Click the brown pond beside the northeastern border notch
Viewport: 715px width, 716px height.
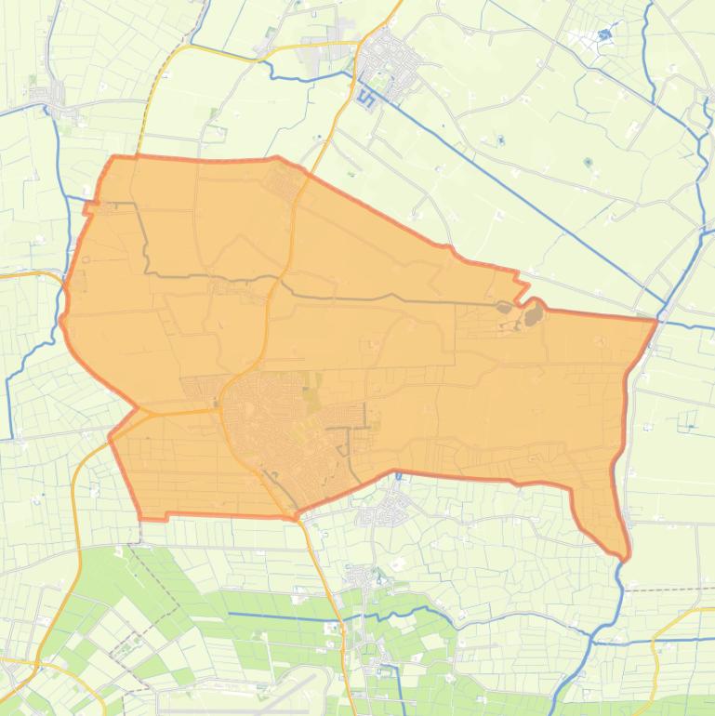tap(533, 316)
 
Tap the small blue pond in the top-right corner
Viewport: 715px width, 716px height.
tap(605, 36)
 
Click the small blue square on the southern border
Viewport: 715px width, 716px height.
tap(398, 476)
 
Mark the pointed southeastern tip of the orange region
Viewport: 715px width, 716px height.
tap(626, 557)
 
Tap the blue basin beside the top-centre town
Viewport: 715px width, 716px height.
tap(366, 98)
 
